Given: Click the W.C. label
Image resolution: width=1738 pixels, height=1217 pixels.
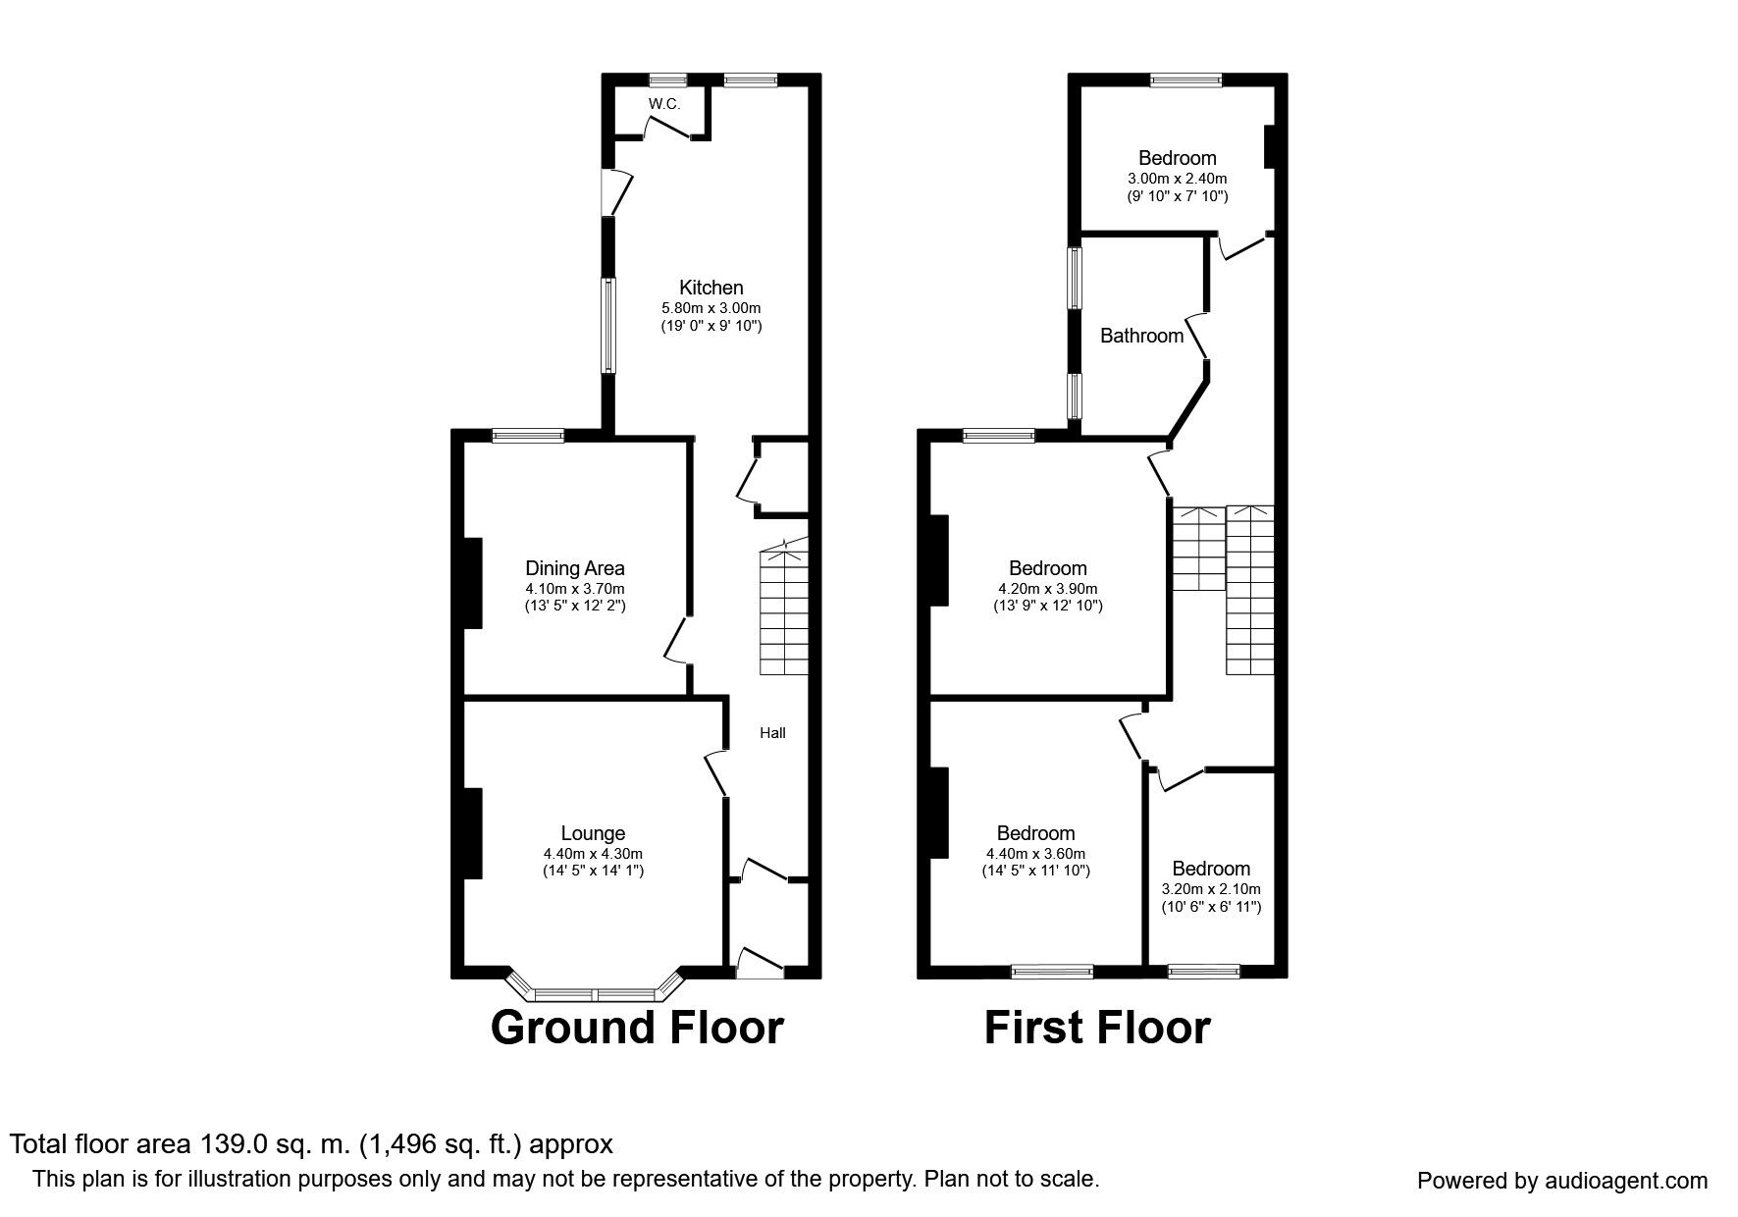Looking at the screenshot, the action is pos(663,104).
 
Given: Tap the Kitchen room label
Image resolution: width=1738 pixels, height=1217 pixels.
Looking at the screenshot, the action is pos(711,288).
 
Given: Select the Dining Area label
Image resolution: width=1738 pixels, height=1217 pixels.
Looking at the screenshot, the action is pos(575,568).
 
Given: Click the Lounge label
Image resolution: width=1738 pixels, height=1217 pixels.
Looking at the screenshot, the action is pos(593,834).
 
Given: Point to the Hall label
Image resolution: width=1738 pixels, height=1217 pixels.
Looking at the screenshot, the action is pos(773,733).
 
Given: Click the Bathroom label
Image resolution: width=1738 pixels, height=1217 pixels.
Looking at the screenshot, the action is pos(1141,336).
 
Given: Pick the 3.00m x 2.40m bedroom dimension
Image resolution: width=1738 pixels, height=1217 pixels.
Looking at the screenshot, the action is pos(1178,179).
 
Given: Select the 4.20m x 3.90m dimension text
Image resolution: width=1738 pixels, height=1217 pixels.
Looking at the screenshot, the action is pos(1048,589).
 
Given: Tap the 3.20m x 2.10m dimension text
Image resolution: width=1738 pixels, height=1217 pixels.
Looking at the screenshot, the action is pos(1211,889).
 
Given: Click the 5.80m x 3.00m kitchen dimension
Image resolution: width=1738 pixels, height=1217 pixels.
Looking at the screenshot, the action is pos(711,308).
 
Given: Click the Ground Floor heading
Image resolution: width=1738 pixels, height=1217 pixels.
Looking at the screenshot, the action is pos(637,1028).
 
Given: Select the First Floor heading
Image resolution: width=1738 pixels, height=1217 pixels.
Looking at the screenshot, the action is pos(1097,1028).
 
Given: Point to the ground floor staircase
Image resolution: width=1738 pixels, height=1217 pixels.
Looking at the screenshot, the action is pos(784,607).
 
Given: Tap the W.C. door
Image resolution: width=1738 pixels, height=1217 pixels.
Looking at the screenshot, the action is pos(672,129).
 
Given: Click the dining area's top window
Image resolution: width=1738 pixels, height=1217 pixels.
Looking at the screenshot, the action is pos(528,437).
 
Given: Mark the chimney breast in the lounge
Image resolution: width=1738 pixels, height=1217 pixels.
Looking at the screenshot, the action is pos(473,833).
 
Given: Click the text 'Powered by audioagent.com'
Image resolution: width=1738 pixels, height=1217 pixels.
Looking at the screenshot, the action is pos(1562,1182).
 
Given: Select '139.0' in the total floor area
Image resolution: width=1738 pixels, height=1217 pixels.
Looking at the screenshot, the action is pos(232,1144).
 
